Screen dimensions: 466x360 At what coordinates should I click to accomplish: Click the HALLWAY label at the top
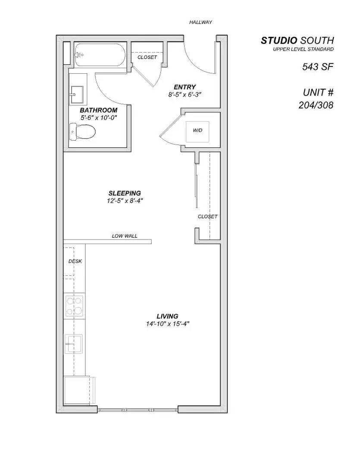(200, 22)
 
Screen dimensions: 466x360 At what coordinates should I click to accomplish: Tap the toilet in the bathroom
(82, 132)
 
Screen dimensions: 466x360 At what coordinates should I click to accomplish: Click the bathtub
(100, 55)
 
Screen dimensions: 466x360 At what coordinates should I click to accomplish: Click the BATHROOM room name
(98, 110)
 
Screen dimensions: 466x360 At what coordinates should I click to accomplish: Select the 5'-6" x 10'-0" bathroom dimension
(98, 117)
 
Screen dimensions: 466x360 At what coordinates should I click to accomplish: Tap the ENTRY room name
(185, 87)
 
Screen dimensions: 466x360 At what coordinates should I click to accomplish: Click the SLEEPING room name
(125, 193)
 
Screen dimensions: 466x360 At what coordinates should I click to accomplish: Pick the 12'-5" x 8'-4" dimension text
(125, 200)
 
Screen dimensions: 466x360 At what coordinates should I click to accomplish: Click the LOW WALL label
(125, 236)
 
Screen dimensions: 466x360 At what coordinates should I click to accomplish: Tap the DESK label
(75, 261)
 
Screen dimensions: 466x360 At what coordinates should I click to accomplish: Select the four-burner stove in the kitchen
(74, 306)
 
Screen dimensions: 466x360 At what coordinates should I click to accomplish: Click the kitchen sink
(74, 343)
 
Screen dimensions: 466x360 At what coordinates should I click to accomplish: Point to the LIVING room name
(167, 316)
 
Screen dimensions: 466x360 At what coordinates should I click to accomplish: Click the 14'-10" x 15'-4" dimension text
(167, 324)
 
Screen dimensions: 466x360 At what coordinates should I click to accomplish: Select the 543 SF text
(318, 67)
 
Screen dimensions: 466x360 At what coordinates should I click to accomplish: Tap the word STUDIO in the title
(279, 41)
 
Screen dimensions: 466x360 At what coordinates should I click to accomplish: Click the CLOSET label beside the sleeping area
(207, 217)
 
